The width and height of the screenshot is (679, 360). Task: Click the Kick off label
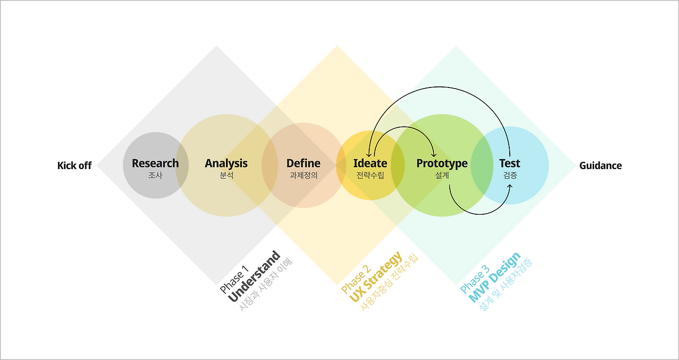[74, 165]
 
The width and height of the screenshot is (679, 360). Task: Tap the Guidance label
[600, 165]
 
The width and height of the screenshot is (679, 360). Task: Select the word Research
[155, 163]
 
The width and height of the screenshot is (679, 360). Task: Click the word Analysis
[226, 163]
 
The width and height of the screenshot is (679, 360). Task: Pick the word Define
[303, 163]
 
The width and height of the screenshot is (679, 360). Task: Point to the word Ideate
[370, 163]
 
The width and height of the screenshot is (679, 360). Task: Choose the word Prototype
[442, 163]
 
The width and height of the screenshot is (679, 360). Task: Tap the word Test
[509, 163]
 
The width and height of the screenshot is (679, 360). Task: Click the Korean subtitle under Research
[155, 175]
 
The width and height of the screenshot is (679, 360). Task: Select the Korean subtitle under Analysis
[226, 175]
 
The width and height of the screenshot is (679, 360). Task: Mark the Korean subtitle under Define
[303, 175]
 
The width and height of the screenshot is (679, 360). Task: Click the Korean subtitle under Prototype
[442, 175]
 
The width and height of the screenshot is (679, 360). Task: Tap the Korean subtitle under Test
[509, 175]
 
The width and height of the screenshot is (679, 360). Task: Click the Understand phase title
[255, 277]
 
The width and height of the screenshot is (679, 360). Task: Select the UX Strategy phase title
[376, 277]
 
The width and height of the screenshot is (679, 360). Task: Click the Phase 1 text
[234, 282]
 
